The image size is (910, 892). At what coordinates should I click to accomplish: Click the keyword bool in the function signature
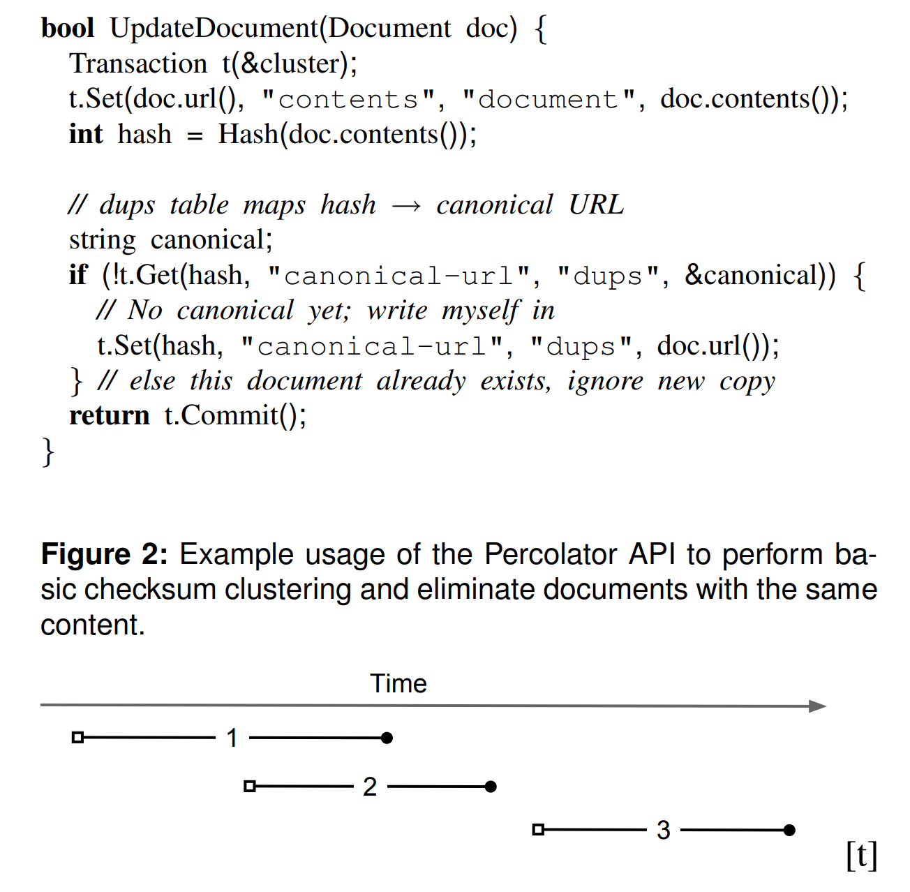pos(68,29)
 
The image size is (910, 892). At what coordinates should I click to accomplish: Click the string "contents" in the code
pos(348,100)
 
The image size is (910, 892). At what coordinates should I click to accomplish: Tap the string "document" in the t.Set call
pos(549,100)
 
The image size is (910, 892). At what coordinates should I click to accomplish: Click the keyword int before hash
pos(85,134)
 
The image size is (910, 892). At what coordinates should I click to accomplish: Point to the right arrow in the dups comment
pos(406,206)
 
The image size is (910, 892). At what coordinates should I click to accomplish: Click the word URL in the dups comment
pos(596,205)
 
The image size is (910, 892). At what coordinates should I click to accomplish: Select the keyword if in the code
pos(78,276)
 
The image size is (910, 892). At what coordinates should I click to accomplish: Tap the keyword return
pos(110,416)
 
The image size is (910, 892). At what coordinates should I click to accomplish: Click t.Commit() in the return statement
pos(235,416)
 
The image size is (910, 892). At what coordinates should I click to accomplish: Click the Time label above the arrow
pos(398,683)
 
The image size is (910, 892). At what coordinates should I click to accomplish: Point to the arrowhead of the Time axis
pos(817,706)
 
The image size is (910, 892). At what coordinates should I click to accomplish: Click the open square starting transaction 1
pos(78,737)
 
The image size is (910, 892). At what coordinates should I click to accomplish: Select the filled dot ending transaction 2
pos(491,787)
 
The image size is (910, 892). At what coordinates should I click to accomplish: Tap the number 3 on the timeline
pos(663,830)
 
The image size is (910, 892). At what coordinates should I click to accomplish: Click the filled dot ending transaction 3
pos(789,830)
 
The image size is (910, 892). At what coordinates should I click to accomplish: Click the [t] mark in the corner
pos(861,855)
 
